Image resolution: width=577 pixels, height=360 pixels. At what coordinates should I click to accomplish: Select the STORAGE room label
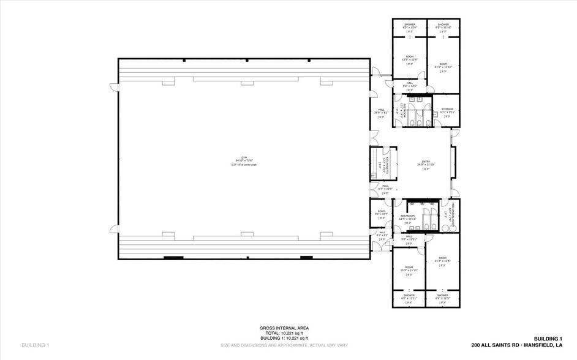point(447,110)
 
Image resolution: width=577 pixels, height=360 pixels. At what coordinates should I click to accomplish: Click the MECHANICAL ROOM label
point(453,214)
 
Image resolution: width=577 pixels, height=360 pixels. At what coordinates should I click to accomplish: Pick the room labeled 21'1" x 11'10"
point(442,65)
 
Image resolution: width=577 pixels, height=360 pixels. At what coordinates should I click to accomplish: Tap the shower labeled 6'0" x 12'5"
point(442,296)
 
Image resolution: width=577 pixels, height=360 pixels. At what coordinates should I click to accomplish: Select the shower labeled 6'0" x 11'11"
point(409,296)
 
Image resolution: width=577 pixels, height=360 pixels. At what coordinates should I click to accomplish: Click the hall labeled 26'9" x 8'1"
point(381,111)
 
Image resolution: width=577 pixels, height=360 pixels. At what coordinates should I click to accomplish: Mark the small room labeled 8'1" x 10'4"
point(381,212)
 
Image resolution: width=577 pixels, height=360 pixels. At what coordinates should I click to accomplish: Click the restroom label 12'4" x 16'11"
point(408,217)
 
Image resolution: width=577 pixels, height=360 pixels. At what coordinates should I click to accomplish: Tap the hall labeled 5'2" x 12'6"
point(409,84)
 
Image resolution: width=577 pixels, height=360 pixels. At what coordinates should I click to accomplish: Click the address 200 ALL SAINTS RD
point(516,345)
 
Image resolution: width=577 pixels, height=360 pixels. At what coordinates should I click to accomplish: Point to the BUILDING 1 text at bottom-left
point(35,345)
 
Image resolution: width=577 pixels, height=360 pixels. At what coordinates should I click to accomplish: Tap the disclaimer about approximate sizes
point(288,345)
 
